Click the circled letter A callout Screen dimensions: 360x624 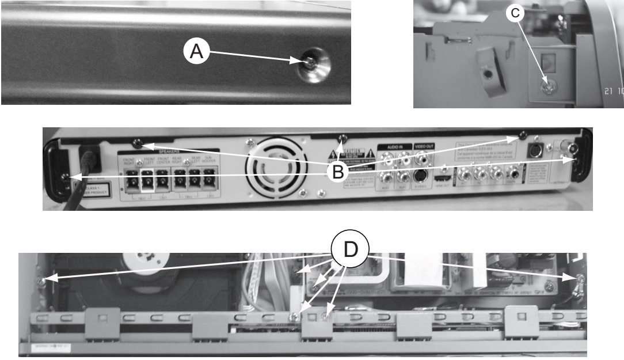196,51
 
